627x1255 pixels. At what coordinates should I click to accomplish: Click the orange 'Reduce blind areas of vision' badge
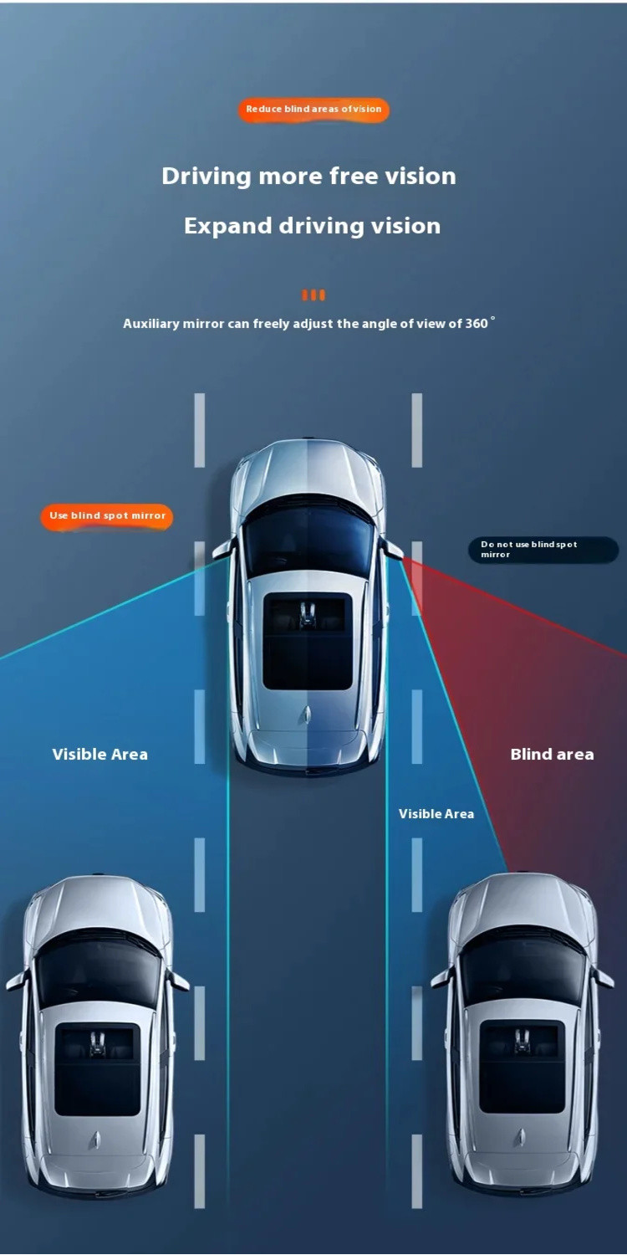pos(313,110)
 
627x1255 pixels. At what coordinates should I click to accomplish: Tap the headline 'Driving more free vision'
pos(309,176)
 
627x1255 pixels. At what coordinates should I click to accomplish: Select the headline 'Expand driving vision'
pos(312,226)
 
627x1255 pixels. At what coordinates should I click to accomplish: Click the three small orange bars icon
pos(313,295)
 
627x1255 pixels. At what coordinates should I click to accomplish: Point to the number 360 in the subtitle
pos(476,323)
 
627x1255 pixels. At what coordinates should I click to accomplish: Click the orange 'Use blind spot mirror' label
pos(107,516)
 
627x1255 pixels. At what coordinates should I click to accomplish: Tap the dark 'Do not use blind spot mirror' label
pos(543,549)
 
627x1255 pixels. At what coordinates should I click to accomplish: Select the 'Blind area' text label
pos(552,754)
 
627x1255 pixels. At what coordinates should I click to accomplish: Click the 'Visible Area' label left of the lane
pos(99,754)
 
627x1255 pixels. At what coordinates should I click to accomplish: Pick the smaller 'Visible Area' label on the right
pos(436,813)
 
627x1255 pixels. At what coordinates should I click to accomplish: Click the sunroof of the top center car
pos(308,642)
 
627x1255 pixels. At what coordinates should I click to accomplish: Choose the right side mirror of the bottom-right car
pos(603,978)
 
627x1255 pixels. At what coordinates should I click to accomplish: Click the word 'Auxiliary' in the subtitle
pos(150,324)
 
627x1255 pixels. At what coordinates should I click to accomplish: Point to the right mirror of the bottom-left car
pos(179,981)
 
